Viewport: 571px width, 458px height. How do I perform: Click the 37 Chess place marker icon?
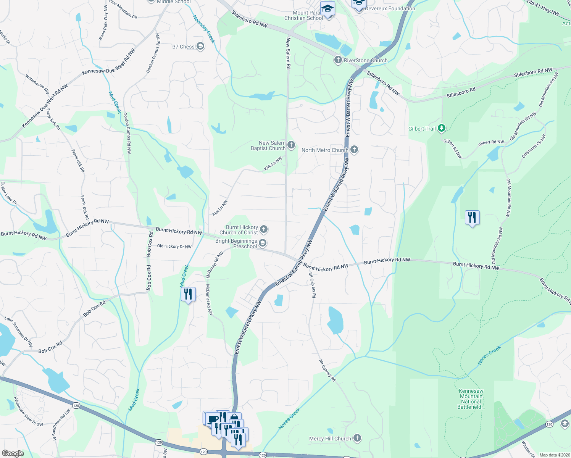click(200, 47)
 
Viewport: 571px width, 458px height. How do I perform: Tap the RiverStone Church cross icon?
click(338, 60)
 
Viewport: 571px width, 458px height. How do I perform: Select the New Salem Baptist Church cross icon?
click(291, 145)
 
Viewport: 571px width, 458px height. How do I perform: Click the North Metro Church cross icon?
click(354, 150)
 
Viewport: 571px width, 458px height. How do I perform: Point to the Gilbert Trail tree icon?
click(442, 128)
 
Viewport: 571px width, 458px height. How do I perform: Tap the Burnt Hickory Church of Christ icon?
click(264, 229)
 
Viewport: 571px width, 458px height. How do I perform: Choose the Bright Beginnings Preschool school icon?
click(263, 243)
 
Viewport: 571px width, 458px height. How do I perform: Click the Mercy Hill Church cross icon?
click(357, 438)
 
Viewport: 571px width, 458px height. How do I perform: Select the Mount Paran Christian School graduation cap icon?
click(327, 9)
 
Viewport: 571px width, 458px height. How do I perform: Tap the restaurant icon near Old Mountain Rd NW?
click(473, 218)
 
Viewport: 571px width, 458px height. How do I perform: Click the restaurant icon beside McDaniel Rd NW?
click(188, 294)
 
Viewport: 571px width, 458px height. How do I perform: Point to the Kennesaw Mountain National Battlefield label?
click(471, 399)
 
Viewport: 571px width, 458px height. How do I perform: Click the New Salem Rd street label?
click(288, 53)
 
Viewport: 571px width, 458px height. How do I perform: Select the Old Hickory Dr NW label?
click(174, 246)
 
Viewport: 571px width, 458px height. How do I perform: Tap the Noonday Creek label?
click(204, 29)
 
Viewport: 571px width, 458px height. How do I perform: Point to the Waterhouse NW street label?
click(37, 84)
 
